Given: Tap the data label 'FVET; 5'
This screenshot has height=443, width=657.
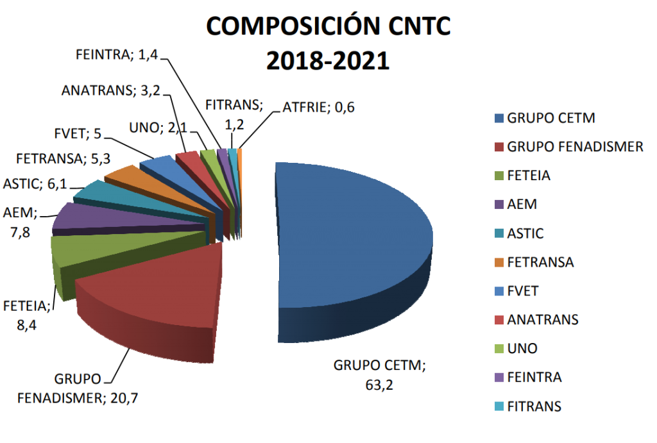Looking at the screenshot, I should point(77,135).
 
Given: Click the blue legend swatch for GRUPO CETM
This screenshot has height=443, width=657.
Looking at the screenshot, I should point(497,118).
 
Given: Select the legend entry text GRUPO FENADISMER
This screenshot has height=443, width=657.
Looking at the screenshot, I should point(575,147).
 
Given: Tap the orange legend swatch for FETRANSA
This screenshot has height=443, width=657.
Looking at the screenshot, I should point(497,262).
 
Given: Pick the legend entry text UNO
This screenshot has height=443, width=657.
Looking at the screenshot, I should point(522,349).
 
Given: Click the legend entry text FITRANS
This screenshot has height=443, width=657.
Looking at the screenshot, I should point(534,406).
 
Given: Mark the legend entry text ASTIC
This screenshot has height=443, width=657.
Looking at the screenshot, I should point(525,233).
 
